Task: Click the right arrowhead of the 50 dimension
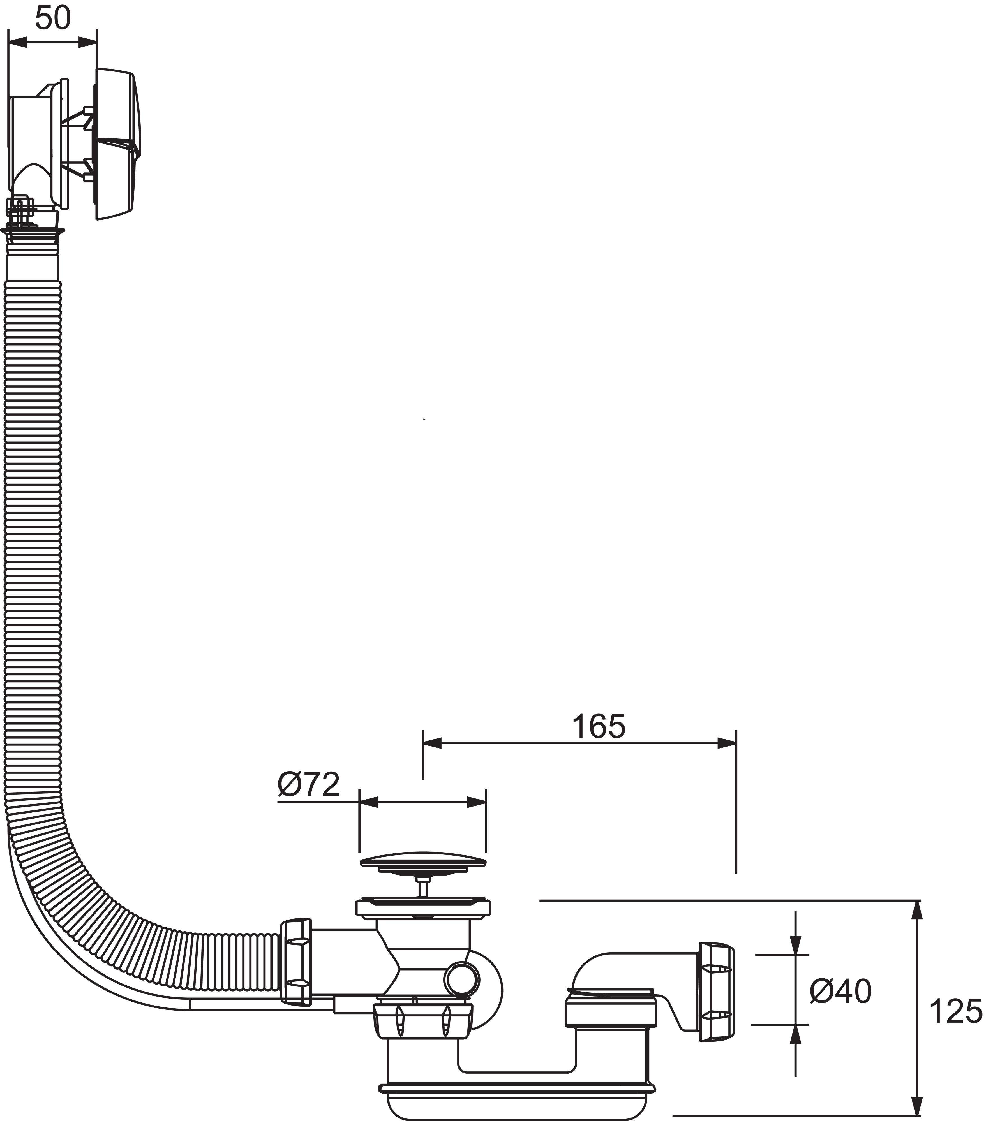tap(88, 42)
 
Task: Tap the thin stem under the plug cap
tap(422, 885)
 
